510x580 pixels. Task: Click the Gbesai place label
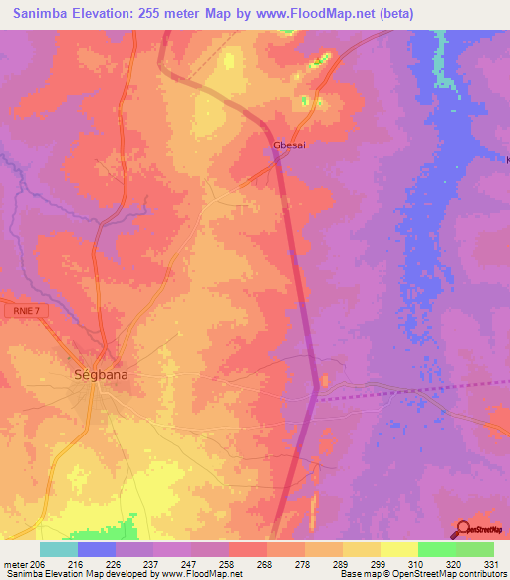pyautogui.click(x=288, y=145)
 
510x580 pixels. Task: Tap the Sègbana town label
pyautogui.click(x=101, y=376)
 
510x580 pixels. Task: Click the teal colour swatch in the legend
pyautogui.click(x=59, y=549)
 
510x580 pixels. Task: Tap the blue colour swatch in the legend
pyautogui.click(x=97, y=549)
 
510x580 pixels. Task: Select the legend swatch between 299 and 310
pyautogui.click(x=399, y=549)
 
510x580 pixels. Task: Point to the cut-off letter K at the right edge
pyautogui.click(x=506, y=159)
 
